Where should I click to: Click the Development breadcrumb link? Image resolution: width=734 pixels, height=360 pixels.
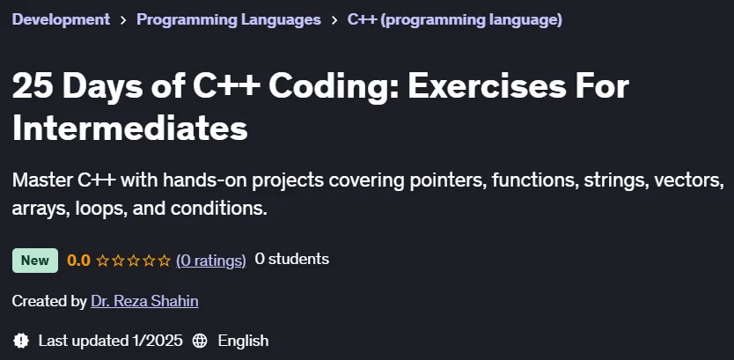coord(61,19)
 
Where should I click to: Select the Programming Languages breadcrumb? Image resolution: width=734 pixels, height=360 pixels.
coord(229,19)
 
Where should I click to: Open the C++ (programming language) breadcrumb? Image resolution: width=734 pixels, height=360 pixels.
coord(454,19)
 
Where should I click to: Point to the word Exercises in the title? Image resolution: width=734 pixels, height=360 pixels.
coord(488,86)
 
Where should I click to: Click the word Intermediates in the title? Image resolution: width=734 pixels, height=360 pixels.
coord(129,129)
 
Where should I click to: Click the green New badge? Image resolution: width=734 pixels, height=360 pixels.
coord(35,261)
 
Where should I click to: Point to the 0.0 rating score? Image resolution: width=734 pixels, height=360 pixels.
coord(78,261)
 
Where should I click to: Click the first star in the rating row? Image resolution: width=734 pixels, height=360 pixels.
coord(102,261)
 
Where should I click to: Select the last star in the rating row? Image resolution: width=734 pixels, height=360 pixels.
coord(165,261)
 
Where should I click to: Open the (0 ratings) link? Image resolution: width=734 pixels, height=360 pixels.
coord(211,261)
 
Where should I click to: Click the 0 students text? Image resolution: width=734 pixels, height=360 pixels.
coord(291,260)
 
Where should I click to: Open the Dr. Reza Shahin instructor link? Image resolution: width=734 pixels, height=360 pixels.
coord(144,301)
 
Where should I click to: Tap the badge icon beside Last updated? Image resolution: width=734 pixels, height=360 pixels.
coord(21,341)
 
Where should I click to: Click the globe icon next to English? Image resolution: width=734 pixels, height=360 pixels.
coord(200,341)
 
